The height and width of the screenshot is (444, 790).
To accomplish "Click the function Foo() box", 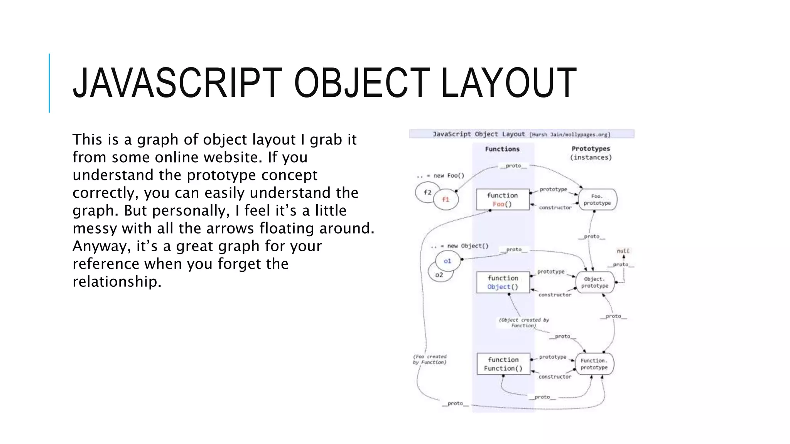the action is pyautogui.click(x=503, y=200).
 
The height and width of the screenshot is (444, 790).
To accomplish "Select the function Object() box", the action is pyautogui.click(x=503, y=283).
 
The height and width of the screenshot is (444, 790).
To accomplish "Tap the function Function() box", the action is pyautogui.click(x=503, y=364).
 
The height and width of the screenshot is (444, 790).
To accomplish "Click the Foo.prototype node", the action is pyautogui.click(x=597, y=200).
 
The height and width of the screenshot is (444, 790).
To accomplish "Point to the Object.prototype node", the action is pyautogui.click(x=595, y=283).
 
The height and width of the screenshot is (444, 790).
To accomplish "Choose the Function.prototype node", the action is pyautogui.click(x=594, y=364).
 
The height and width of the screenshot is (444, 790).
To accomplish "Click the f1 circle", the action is pyautogui.click(x=446, y=200).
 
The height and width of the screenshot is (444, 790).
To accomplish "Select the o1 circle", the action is pyautogui.click(x=447, y=261).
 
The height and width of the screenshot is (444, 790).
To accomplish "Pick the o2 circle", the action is pyautogui.click(x=439, y=275).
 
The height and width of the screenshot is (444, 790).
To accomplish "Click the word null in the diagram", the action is pyautogui.click(x=623, y=251).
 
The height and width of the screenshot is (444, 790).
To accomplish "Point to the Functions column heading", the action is pyautogui.click(x=502, y=149).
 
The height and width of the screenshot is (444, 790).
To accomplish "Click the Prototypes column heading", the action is pyautogui.click(x=591, y=149).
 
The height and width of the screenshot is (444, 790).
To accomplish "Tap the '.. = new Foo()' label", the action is pyautogui.click(x=441, y=176).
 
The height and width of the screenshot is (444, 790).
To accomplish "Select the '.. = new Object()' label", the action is pyautogui.click(x=459, y=246).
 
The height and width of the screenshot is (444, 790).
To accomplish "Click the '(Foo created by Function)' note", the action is pyautogui.click(x=430, y=359).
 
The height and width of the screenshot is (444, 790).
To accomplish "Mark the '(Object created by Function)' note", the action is pyautogui.click(x=524, y=323).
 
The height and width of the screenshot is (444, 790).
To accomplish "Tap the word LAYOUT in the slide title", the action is pyautogui.click(x=508, y=83).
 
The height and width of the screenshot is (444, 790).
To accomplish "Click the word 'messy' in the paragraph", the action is pyautogui.click(x=95, y=228).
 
